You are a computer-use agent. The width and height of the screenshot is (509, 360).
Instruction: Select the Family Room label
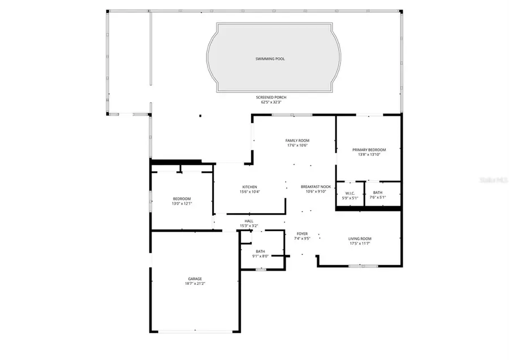pyautogui.click(x=297, y=141)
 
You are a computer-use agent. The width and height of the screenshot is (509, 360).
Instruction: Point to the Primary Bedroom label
pyautogui.click(x=368, y=150)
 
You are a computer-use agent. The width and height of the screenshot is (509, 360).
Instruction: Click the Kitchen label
pyautogui.click(x=249, y=187)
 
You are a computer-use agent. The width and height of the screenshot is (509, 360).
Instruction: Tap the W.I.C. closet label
pyautogui.click(x=349, y=193)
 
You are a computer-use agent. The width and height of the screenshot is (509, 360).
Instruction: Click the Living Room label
pyautogui.click(x=360, y=238)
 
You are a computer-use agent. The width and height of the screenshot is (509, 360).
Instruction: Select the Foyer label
pyautogui.click(x=303, y=233)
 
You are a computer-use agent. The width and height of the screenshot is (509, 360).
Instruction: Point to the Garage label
pyautogui.click(x=195, y=279)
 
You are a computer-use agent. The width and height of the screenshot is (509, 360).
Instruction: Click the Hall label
pyautogui.click(x=249, y=221)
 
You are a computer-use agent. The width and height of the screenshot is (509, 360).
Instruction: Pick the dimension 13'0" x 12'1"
pyautogui.click(x=182, y=203)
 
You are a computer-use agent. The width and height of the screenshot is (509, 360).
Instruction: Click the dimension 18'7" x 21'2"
pyautogui.click(x=195, y=284)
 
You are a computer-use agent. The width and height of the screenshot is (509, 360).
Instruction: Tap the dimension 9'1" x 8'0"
pyautogui.click(x=260, y=257)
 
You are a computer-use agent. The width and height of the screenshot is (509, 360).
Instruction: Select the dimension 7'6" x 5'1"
pyautogui.click(x=377, y=198)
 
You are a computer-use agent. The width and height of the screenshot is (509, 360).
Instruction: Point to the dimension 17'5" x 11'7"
pyautogui.click(x=360, y=244)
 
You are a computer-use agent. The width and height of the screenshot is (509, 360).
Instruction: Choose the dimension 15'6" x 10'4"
pyautogui.click(x=249, y=192)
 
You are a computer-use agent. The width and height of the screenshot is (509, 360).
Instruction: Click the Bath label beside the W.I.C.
pyautogui.click(x=377, y=193)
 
